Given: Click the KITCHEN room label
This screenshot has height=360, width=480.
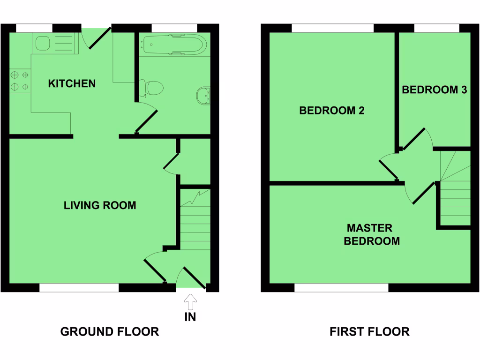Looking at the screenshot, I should [72, 84].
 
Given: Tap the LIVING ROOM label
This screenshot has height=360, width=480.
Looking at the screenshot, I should [100, 205].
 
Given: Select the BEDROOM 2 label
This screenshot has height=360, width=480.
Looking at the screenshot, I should [332, 111].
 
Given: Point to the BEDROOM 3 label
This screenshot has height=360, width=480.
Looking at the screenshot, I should [434, 90].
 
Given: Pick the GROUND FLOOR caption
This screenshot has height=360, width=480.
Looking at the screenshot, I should [110, 332].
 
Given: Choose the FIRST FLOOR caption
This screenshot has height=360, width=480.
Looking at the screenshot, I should [369, 332].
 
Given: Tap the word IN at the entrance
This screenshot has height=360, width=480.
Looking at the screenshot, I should [190, 317].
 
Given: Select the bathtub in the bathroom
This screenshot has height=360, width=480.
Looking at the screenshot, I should [174, 45].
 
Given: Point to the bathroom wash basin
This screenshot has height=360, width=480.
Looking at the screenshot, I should [203, 95].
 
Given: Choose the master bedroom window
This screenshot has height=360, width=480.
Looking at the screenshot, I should [341, 288].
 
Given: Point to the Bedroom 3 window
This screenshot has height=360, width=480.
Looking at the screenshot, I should [436, 28].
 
